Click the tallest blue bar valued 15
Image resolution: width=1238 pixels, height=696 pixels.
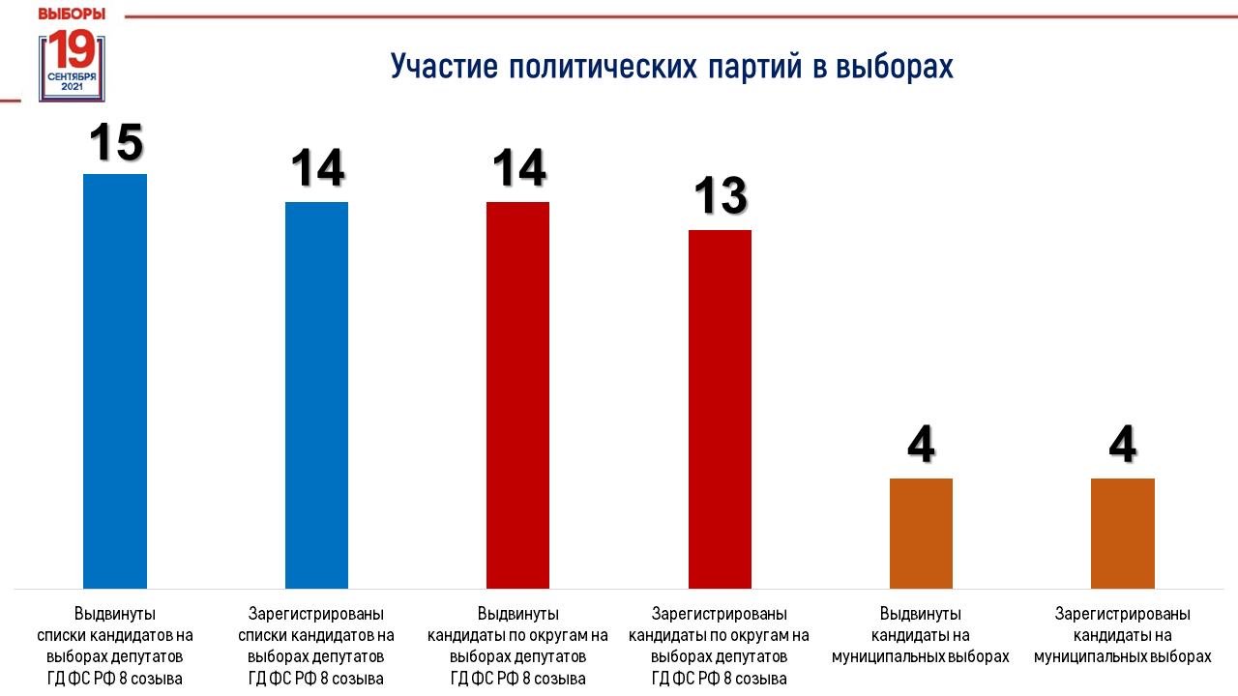click(x=115, y=381)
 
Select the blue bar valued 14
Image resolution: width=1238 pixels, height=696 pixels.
click(x=316, y=395)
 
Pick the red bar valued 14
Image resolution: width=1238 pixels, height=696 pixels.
click(x=517, y=395)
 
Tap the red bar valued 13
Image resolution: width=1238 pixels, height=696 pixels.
click(x=720, y=409)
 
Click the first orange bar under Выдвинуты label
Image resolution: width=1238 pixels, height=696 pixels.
click(x=922, y=534)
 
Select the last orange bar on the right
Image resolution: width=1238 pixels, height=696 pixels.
click(x=1123, y=534)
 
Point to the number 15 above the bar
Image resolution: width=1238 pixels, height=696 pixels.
click(x=117, y=142)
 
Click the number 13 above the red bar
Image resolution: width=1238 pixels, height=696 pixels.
click(x=721, y=195)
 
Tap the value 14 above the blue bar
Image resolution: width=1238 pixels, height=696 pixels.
click(x=318, y=168)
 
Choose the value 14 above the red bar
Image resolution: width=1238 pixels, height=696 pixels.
click(x=519, y=168)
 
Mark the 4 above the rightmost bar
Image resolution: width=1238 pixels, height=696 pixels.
click(x=1123, y=444)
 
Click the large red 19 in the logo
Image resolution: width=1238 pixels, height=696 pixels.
click(x=73, y=49)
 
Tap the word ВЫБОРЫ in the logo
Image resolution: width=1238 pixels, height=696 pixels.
click(x=72, y=14)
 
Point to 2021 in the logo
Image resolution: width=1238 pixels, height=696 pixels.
click(x=72, y=87)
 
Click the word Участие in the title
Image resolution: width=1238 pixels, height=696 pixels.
click(x=444, y=67)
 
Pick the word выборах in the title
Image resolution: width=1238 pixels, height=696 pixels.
click(x=895, y=67)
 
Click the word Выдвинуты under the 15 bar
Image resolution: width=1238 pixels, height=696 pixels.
click(x=115, y=614)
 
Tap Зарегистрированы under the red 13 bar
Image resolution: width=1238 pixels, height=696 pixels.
click(x=719, y=614)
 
